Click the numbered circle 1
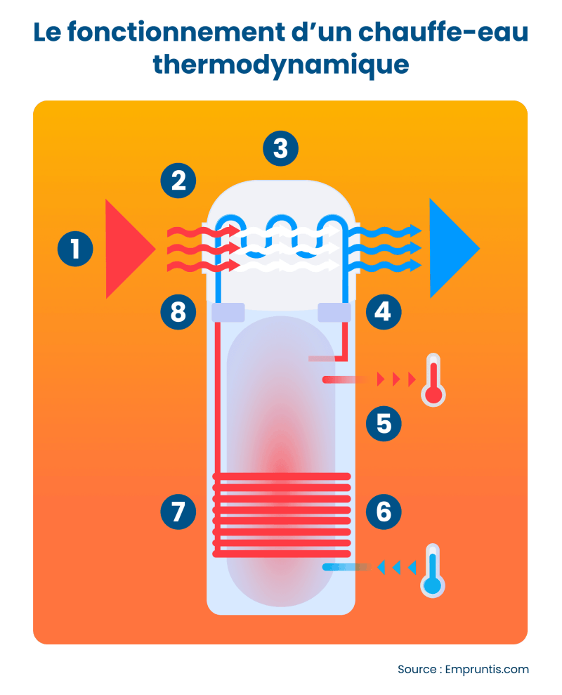coord(75,249)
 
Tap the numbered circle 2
coord(178,181)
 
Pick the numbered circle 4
coord(383,311)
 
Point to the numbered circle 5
coord(384,423)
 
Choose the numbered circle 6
coord(384,511)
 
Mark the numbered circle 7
coord(178,511)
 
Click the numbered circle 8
coord(178,311)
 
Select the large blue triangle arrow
coord(450,249)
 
